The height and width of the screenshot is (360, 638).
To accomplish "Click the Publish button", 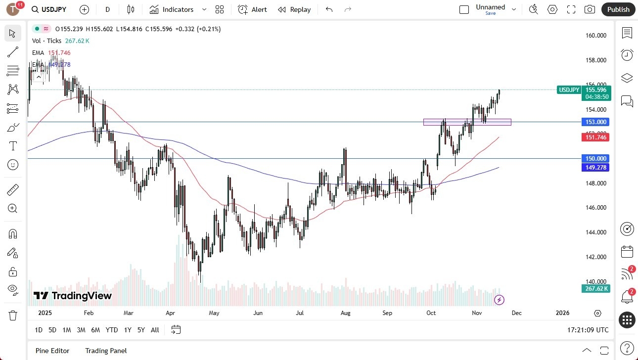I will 618,9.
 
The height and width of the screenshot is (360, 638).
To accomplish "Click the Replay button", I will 294,9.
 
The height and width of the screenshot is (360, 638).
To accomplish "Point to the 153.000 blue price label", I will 595,122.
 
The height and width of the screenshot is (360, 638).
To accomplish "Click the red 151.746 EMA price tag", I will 595,137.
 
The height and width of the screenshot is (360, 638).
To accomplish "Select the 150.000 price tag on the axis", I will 595,159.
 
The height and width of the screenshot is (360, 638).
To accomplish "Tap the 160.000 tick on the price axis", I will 595,36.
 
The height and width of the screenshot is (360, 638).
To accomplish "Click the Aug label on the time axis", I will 345,313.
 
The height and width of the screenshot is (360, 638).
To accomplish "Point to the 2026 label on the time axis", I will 562,313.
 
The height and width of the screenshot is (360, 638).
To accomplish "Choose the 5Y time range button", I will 141,330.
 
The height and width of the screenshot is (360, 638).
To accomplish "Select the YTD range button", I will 112,330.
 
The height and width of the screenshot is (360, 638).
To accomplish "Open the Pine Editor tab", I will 52,351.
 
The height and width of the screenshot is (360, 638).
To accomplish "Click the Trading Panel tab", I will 106,351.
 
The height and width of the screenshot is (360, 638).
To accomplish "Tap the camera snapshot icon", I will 590,9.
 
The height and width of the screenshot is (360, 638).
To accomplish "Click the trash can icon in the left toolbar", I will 13,315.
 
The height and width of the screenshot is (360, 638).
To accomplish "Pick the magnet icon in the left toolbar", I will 13,234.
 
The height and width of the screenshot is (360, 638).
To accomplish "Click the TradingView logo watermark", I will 73,296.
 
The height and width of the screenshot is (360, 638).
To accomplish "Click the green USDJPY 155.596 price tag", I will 584,90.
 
